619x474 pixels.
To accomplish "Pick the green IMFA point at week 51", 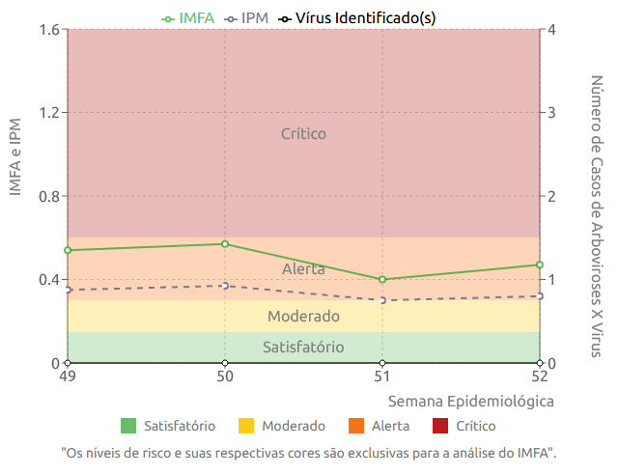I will click(382, 280).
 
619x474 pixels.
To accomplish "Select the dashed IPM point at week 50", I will click(225, 286).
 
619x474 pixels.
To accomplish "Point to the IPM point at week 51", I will click(382, 300).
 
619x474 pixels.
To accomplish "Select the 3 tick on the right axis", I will click(552, 113).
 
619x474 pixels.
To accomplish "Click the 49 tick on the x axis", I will click(68, 377).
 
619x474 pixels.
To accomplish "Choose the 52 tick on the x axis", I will click(540, 377).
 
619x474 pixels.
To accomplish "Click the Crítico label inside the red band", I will click(303, 134).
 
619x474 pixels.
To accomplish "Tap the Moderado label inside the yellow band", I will click(303, 316).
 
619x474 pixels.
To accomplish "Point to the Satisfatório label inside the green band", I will click(303, 348).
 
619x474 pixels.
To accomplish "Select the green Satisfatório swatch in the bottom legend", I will click(128, 426).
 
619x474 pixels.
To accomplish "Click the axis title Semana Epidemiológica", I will click(470, 401).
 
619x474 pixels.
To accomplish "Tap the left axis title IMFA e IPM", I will click(15, 156).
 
